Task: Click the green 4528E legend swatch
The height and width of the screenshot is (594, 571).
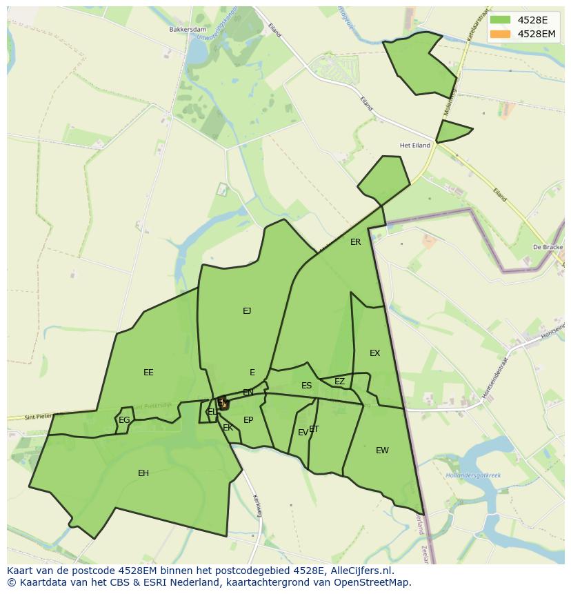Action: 500,20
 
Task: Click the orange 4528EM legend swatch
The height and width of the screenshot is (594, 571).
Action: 500,34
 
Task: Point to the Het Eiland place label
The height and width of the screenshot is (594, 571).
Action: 415,146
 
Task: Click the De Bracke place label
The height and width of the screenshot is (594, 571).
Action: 548,247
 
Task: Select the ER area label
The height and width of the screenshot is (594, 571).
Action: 355,242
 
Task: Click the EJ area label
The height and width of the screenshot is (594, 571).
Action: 247,311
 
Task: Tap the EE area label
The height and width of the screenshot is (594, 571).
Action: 148,373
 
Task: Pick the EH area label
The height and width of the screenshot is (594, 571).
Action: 143,473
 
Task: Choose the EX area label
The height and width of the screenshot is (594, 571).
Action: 374,353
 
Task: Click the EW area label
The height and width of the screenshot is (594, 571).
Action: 382,451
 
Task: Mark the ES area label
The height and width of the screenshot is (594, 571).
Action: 306,386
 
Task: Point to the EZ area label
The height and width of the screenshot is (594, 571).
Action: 339,382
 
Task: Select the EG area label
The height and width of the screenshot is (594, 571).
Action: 124,420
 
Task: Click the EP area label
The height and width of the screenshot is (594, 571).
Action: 248,420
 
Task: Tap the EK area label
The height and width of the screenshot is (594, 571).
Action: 228,428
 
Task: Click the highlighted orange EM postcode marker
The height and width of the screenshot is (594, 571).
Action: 223,404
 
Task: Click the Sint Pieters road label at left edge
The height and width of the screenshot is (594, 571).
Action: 38,417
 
